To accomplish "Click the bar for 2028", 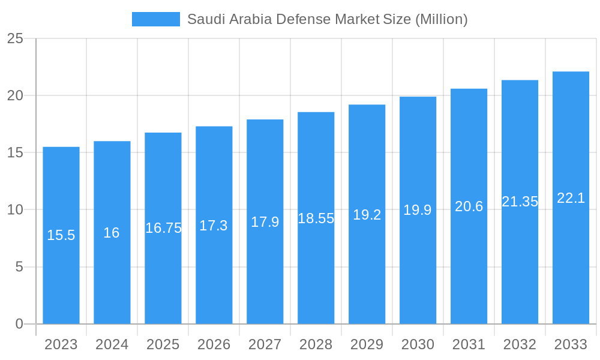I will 316,270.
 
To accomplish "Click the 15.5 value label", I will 61,235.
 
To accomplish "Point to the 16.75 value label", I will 163,228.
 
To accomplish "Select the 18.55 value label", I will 316,218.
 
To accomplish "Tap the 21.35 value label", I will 520,202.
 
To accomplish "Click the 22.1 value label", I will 571,198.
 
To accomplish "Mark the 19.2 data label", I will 367,215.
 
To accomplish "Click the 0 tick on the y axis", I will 19,324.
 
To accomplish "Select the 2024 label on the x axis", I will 112,344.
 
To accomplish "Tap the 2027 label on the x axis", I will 265,344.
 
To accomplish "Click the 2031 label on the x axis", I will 469,344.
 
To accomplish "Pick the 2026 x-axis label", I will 214,344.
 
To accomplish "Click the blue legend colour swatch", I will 156,19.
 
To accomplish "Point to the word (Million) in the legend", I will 441,19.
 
